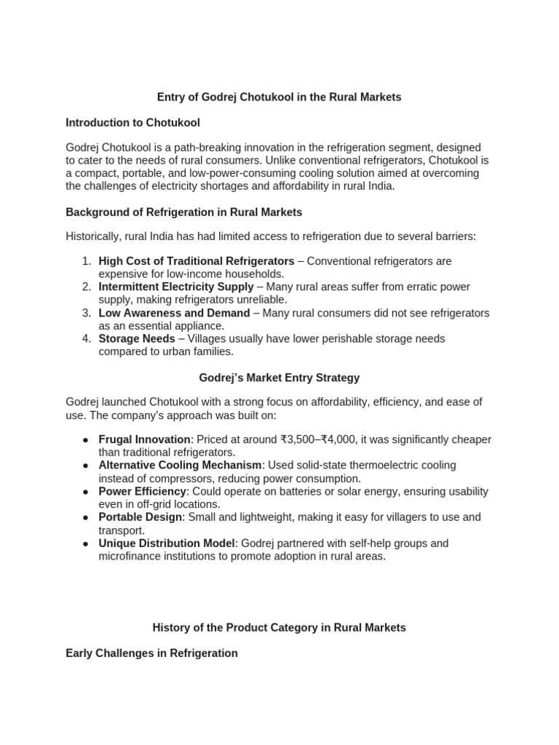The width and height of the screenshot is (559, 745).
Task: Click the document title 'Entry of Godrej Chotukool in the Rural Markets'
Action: (x=279, y=97)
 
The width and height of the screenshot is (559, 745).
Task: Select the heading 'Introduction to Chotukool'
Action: (x=132, y=122)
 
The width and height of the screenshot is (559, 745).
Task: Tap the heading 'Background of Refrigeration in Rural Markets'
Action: (x=183, y=212)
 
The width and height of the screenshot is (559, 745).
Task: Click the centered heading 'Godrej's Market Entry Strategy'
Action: (x=279, y=378)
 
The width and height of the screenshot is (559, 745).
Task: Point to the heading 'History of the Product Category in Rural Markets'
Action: (x=279, y=627)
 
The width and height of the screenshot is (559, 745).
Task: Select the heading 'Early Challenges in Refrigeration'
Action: (x=151, y=653)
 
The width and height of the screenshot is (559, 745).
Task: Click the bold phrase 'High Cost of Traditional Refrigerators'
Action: (x=197, y=261)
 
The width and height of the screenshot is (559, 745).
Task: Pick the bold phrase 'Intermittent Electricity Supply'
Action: (x=176, y=287)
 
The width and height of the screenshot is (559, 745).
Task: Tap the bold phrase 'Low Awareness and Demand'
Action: (x=174, y=313)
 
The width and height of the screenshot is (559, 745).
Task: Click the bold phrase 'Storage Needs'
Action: (x=137, y=339)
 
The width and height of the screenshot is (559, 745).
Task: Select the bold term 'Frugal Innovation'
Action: (x=144, y=439)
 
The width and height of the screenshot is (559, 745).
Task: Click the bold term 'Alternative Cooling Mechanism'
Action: (x=180, y=466)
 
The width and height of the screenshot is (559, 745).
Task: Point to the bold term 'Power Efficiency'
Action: (x=143, y=492)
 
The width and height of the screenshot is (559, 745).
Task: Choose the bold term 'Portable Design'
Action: (x=140, y=517)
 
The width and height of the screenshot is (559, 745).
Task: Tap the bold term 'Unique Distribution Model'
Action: (x=164, y=543)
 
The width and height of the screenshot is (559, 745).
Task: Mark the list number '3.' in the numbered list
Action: (x=86, y=313)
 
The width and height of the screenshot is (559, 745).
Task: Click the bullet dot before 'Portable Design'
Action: (x=86, y=518)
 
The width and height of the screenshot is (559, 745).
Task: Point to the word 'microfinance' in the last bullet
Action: (x=130, y=557)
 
